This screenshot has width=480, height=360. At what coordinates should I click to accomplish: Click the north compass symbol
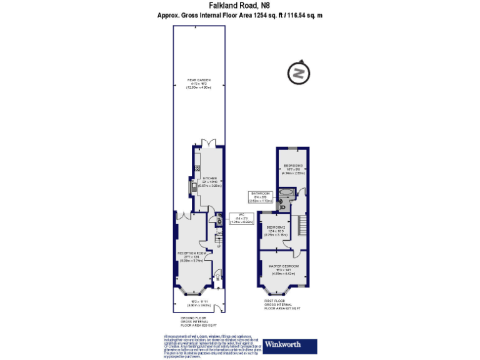pyautogui.click(x=299, y=73)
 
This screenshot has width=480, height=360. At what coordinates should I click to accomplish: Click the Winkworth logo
pyautogui.click(x=289, y=344)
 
